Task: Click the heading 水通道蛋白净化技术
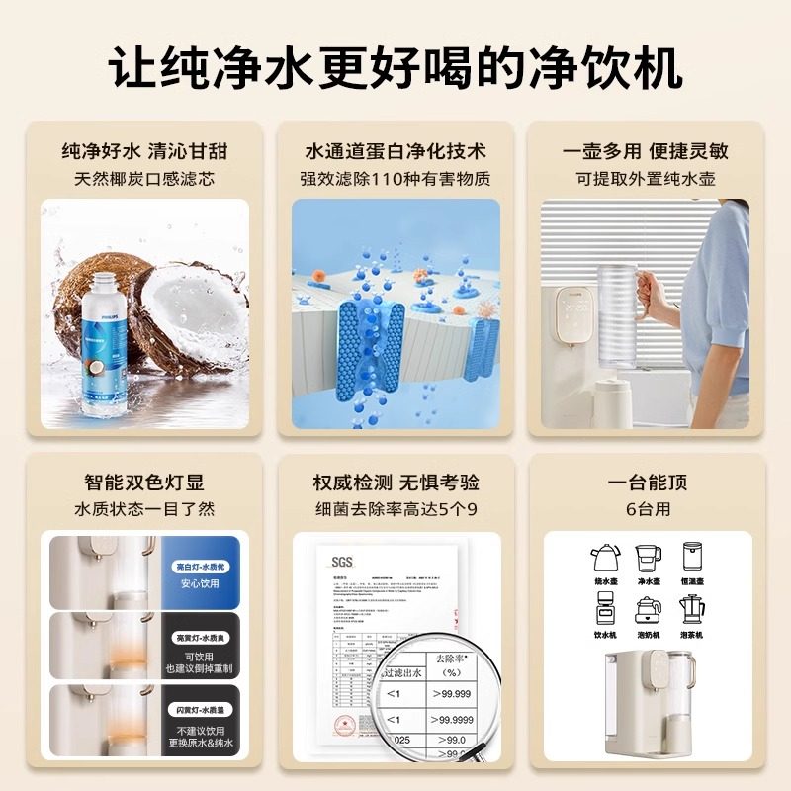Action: pos(395,151)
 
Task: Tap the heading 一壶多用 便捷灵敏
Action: pos(646,151)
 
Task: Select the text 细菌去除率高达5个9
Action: pos(395,509)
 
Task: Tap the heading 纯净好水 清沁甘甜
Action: pos(144,151)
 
